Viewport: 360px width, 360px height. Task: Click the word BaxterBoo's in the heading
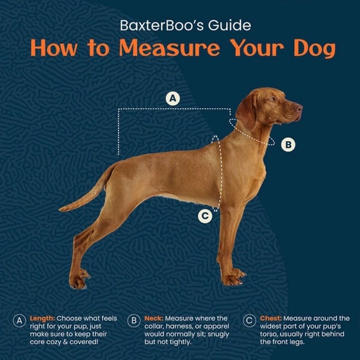162,25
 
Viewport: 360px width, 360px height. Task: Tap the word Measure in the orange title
169,48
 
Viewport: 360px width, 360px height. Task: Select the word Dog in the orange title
315,49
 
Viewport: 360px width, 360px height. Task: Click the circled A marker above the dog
173,99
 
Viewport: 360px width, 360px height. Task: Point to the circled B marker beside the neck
288,145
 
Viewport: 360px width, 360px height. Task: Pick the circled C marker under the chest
205,216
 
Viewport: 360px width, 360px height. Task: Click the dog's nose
299,108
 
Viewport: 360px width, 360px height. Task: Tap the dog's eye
272,99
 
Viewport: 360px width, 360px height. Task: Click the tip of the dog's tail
60,209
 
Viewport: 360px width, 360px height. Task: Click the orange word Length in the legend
42,318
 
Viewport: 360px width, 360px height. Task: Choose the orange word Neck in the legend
153,318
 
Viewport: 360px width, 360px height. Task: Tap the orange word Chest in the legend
271,318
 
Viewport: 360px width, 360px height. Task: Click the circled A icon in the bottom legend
19,320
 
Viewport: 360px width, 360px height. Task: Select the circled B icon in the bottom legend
134,320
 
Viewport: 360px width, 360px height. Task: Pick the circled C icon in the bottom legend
250,320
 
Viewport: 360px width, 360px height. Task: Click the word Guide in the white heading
230,25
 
